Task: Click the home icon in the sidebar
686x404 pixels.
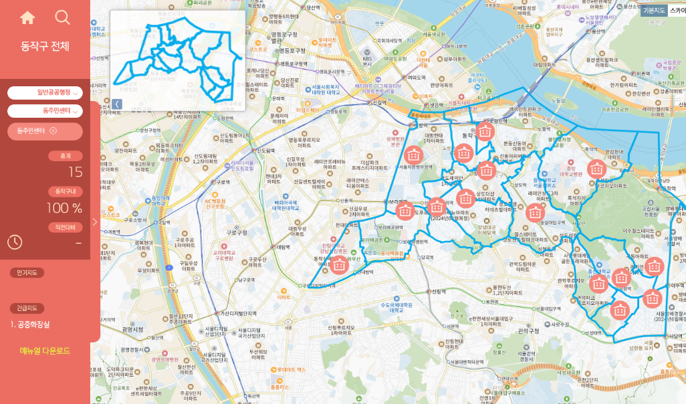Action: coord(27,18)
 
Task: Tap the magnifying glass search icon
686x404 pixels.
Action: coord(62,18)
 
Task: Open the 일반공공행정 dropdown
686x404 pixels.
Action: coord(45,92)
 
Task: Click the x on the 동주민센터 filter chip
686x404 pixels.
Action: coord(53,130)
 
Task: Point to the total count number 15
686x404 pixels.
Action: coord(75,172)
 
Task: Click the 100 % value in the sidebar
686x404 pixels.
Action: coord(64,208)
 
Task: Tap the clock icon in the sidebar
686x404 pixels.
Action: coord(15,242)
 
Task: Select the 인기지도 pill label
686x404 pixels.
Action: coord(27,273)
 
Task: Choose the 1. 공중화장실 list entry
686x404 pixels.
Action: coord(30,324)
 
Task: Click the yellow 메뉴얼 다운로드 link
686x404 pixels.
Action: coord(45,350)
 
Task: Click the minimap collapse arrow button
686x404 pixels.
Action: coord(116,104)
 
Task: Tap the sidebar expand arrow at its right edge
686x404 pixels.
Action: coord(95,221)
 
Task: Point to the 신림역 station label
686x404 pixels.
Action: coord(438,292)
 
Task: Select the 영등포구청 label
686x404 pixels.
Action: coord(292,51)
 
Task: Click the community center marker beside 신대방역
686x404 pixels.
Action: coord(339,264)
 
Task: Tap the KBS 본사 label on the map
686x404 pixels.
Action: coord(367,62)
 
